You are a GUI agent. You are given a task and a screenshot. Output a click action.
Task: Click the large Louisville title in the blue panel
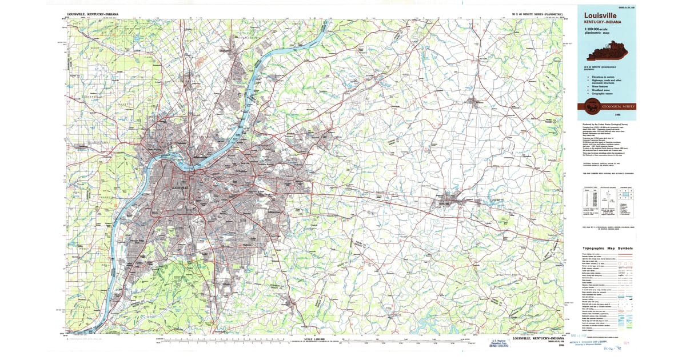click(600, 15)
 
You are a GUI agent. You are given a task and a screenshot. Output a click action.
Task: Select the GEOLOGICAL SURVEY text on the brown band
click(614, 106)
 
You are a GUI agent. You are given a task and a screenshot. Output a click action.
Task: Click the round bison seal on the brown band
click(589, 106)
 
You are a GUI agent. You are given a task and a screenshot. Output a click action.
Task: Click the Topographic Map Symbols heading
click(608, 249)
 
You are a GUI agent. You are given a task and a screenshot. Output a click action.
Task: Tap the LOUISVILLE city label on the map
click(180, 187)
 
